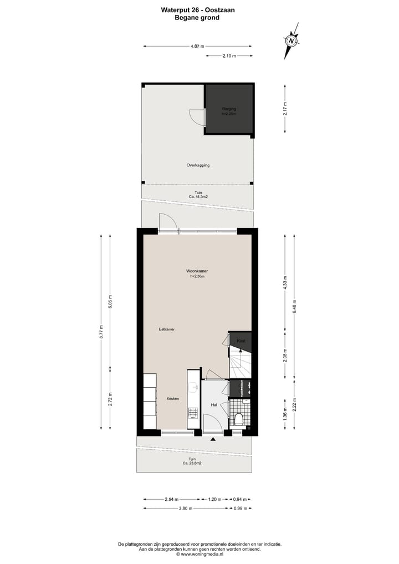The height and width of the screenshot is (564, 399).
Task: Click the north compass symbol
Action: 291,40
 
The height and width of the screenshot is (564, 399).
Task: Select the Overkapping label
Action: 197,165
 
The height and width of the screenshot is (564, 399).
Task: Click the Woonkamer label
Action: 197,271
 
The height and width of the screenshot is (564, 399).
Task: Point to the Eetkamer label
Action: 167,329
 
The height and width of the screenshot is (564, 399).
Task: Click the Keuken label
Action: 173,399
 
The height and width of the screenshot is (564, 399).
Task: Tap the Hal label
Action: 213,405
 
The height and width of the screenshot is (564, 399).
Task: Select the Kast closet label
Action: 241,340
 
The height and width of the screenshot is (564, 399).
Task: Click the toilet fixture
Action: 239,419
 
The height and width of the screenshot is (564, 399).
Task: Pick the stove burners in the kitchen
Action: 193,413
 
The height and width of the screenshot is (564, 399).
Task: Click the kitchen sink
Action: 193,386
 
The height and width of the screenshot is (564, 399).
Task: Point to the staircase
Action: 241,363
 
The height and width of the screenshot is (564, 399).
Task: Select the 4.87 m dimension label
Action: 197,47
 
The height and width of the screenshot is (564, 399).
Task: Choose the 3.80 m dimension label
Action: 186,508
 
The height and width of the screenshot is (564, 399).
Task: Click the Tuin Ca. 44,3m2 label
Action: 197,194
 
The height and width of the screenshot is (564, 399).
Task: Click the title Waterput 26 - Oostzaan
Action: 197,9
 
